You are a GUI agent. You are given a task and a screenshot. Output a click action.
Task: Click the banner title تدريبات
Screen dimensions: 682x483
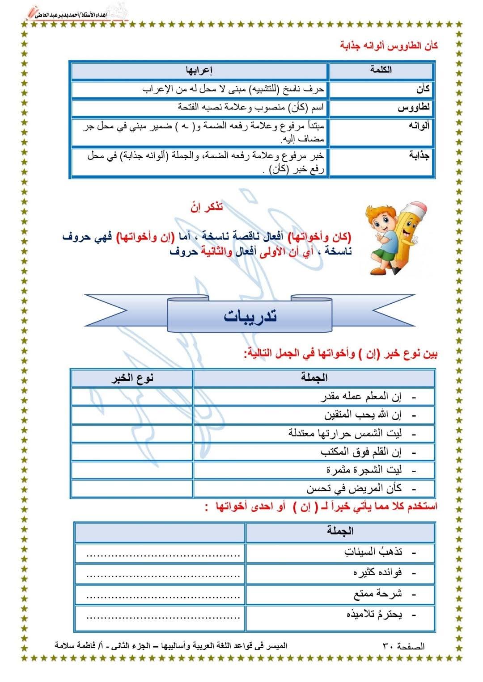coord(250,316)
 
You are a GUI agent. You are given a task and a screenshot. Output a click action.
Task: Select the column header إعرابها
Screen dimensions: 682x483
coord(199,71)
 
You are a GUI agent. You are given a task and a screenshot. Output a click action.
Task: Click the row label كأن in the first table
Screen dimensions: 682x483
coord(423,89)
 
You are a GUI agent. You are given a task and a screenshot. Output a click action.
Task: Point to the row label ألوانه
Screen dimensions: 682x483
coord(419,126)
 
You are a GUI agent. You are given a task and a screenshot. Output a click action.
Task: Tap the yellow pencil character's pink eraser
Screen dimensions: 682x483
coord(414,208)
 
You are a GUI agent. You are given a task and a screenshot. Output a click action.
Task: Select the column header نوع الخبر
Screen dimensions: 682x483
coord(132,378)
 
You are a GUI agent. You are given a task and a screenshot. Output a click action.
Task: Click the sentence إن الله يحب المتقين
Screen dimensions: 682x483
coord(363,415)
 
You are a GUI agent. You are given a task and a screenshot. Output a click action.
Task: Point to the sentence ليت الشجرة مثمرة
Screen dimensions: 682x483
coord(364,470)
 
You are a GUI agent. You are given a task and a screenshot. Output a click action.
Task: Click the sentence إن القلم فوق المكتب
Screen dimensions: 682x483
coord(361,452)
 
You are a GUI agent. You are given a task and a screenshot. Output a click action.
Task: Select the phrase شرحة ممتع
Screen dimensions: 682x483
coord(377,594)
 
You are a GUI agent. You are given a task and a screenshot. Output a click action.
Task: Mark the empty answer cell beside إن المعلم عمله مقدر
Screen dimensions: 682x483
coord(131,397)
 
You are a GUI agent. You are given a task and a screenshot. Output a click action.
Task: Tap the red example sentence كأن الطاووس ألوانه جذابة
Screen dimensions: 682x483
coord(389,46)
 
